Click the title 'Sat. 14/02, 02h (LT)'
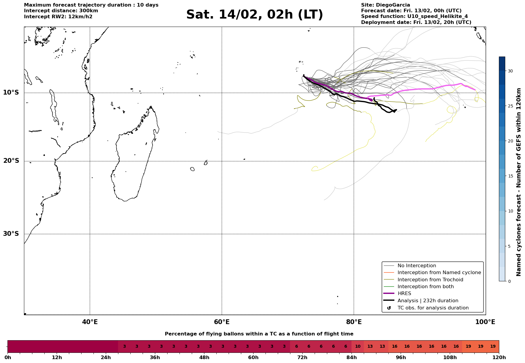[x=254, y=15]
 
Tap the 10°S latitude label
[x=11, y=92]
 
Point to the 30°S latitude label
[x=11, y=234]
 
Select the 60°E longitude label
[x=222, y=322]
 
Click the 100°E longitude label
[x=485, y=322]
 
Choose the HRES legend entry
[x=404, y=294]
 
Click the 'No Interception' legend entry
[x=417, y=266]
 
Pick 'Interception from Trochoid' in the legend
[x=430, y=280]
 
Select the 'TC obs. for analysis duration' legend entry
[x=433, y=308]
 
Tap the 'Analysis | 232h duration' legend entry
[x=428, y=301]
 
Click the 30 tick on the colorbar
[x=510, y=71]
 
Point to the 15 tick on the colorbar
[x=510, y=176]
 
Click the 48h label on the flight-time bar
[x=204, y=358]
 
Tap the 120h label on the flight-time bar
[x=499, y=358]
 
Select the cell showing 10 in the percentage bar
[x=357, y=347]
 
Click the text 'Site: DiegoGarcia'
[x=385, y=5]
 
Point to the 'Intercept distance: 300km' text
[x=61, y=11]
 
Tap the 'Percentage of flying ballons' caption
[x=259, y=334]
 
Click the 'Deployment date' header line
[x=416, y=22]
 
